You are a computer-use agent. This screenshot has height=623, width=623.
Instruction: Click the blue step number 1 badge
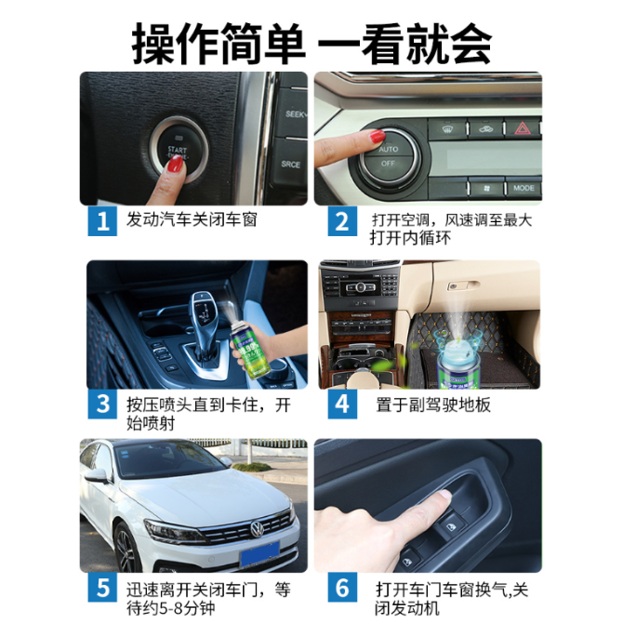[x=102, y=221]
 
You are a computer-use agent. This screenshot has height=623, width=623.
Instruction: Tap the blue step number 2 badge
[x=342, y=221]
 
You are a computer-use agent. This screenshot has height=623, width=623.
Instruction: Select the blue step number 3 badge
[x=102, y=404]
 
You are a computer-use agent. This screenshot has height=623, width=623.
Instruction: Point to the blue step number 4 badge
[x=342, y=404]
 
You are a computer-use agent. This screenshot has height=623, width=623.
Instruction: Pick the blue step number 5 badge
[x=102, y=588]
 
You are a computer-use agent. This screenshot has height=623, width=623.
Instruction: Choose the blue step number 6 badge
[x=342, y=588]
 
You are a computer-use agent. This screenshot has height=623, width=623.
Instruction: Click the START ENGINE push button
[x=179, y=151]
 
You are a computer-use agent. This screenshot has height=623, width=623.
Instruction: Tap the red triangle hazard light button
[x=522, y=128]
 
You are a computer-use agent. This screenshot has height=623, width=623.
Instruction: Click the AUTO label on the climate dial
[x=388, y=150]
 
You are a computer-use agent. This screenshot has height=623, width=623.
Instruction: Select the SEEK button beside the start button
[x=294, y=113]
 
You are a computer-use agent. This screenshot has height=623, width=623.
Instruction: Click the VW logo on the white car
[x=257, y=529]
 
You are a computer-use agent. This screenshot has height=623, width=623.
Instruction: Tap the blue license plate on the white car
[x=259, y=554]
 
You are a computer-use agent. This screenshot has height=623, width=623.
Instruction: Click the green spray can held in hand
[x=249, y=348]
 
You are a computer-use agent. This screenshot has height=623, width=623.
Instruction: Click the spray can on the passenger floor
[x=459, y=365]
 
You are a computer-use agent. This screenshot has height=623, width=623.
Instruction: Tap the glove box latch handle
[x=463, y=285]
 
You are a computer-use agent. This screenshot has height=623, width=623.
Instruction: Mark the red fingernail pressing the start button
[x=175, y=164]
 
